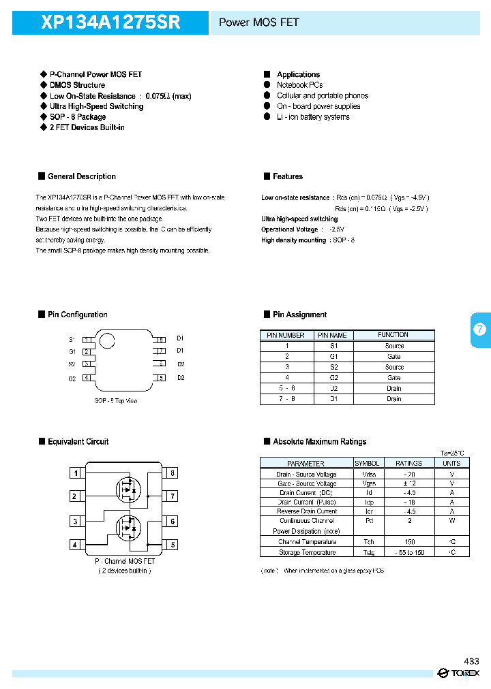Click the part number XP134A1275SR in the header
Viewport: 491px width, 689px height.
[x=110, y=22]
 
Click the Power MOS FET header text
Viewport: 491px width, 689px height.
[x=258, y=22]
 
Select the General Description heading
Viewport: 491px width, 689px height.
[x=82, y=176]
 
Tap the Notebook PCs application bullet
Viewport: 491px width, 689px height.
[x=299, y=85]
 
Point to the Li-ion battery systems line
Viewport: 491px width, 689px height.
[x=313, y=117]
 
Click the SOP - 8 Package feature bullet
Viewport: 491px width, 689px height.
[x=77, y=117]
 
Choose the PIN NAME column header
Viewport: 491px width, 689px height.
[x=332, y=335]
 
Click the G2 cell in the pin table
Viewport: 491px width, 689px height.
[x=333, y=377]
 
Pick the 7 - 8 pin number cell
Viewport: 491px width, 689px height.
[x=286, y=399]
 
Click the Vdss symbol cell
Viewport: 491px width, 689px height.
[x=368, y=474]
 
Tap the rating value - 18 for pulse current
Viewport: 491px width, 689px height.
[x=408, y=502]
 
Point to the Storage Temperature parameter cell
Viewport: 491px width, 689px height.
[x=306, y=552]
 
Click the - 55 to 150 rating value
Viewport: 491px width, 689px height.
[x=408, y=552]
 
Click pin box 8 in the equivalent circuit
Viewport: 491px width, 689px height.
[x=173, y=472]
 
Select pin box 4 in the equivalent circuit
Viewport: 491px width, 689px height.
[x=75, y=545]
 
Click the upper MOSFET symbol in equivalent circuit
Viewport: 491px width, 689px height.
[x=127, y=487]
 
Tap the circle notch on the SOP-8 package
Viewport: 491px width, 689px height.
[x=107, y=340]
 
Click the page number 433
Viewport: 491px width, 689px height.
[x=471, y=661]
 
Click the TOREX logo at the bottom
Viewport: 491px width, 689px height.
[x=459, y=673]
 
